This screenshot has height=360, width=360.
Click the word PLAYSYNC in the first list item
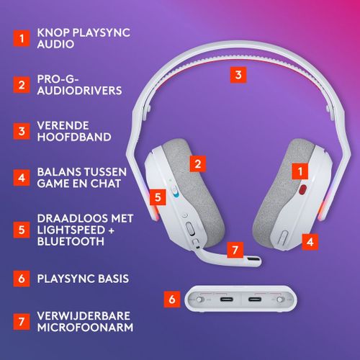[102, 32]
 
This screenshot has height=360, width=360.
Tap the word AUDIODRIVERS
[79, 91]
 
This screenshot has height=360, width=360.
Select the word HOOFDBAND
[74, 137]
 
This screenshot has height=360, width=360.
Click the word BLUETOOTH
[71, 241]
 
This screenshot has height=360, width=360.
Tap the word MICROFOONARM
[85, 328]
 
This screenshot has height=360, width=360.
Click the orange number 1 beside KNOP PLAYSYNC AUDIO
[22, 38]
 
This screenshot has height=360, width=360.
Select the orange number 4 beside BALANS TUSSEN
[22, 178]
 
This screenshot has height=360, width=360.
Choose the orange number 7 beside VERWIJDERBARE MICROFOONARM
[22, 322]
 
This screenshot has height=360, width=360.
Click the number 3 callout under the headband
[238, 75]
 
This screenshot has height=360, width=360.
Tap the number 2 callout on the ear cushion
[198, 164]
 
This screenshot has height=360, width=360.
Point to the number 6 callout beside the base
[172, 300]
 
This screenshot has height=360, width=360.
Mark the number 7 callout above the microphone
[235, 250]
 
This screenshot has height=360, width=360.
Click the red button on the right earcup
[303, 189]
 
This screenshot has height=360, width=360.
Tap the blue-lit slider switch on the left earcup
[175, 192]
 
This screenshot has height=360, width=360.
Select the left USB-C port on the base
[227, 300]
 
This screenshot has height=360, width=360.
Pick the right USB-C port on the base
[255, 300]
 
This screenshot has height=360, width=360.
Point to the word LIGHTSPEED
[71, 230]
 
